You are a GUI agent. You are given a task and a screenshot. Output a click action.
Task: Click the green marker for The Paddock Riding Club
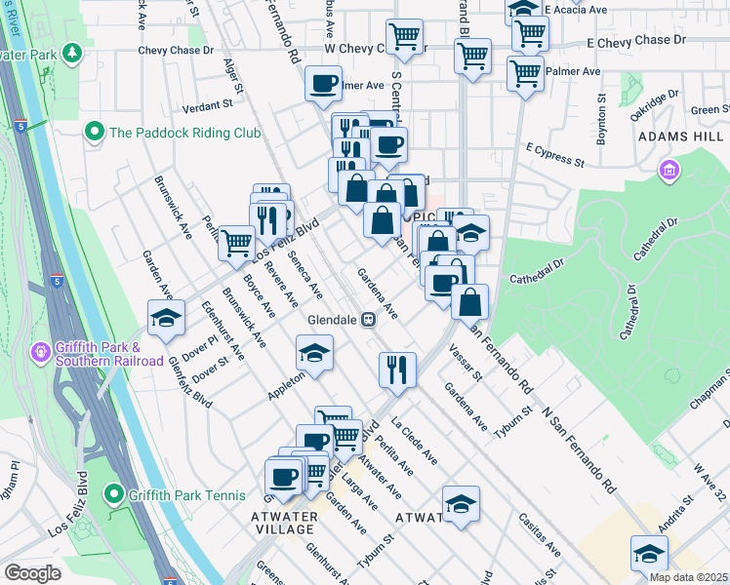(x=95, y=131)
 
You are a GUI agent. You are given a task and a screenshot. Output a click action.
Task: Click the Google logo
(x=32, y=573)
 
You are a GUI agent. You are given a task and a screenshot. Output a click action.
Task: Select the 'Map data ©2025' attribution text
(x=688, y=577)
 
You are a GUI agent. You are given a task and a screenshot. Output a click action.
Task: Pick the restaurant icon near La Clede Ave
(x=398, y=368)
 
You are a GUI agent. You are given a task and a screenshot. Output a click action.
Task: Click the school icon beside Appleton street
(x=314, y=353)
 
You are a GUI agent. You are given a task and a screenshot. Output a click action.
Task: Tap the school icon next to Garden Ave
(x=167, y=318)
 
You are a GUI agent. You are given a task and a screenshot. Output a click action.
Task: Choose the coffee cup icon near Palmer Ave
(x=323, y=83)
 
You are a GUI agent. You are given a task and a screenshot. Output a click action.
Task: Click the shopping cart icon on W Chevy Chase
(x=404, y=37)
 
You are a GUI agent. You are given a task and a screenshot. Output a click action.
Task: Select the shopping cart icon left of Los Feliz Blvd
(x=235, y=242)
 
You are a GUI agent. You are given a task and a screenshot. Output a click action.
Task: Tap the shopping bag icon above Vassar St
(x=470, y=301)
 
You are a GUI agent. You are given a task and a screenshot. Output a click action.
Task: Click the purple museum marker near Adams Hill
(x=669, y=173)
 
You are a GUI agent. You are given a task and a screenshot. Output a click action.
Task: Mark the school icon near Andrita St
(x=649, y=553)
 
